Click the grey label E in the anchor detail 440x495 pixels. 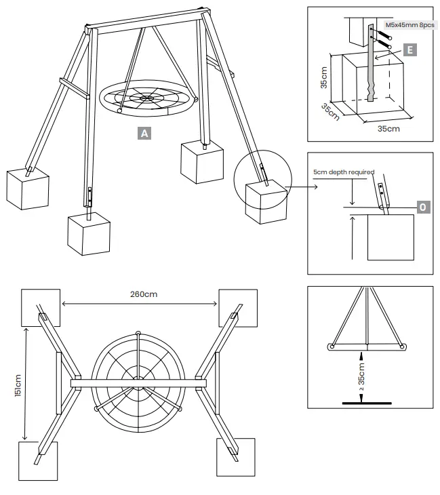point(409,49)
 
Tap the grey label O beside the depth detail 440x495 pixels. point(422,205)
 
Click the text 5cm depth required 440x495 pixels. point(344,172)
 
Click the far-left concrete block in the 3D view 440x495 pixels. point(28,188)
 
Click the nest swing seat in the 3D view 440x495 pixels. point(146,99)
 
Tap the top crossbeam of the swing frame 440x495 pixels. point(146,20)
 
